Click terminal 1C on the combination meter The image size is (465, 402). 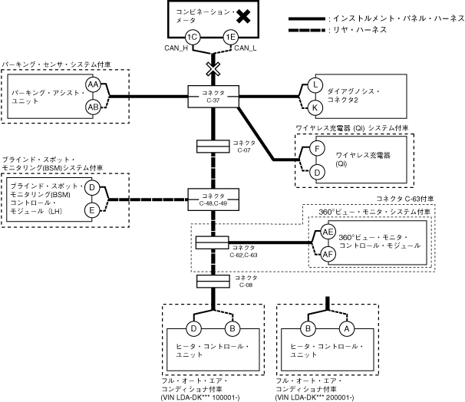[193, 37]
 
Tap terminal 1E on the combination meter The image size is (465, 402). [231, 37]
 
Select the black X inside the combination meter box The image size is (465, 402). [243, 15]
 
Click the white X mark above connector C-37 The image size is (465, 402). [213, 69]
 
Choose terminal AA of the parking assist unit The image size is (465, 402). [93, 84]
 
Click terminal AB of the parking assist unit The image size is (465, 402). [93, 107]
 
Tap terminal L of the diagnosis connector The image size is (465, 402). [315, 85]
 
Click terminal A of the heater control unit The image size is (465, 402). [345, 330]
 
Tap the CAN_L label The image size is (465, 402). [243, 49]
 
